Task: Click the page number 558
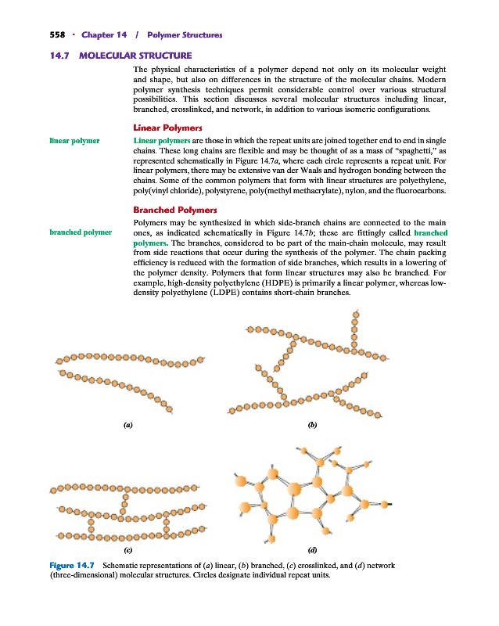coord(37,35)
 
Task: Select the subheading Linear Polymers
coord(168,128)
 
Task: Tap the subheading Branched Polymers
coord(174,210)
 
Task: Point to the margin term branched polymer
coord(80,232)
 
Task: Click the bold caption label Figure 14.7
coord(71,565)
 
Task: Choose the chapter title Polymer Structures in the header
coord(184,35)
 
